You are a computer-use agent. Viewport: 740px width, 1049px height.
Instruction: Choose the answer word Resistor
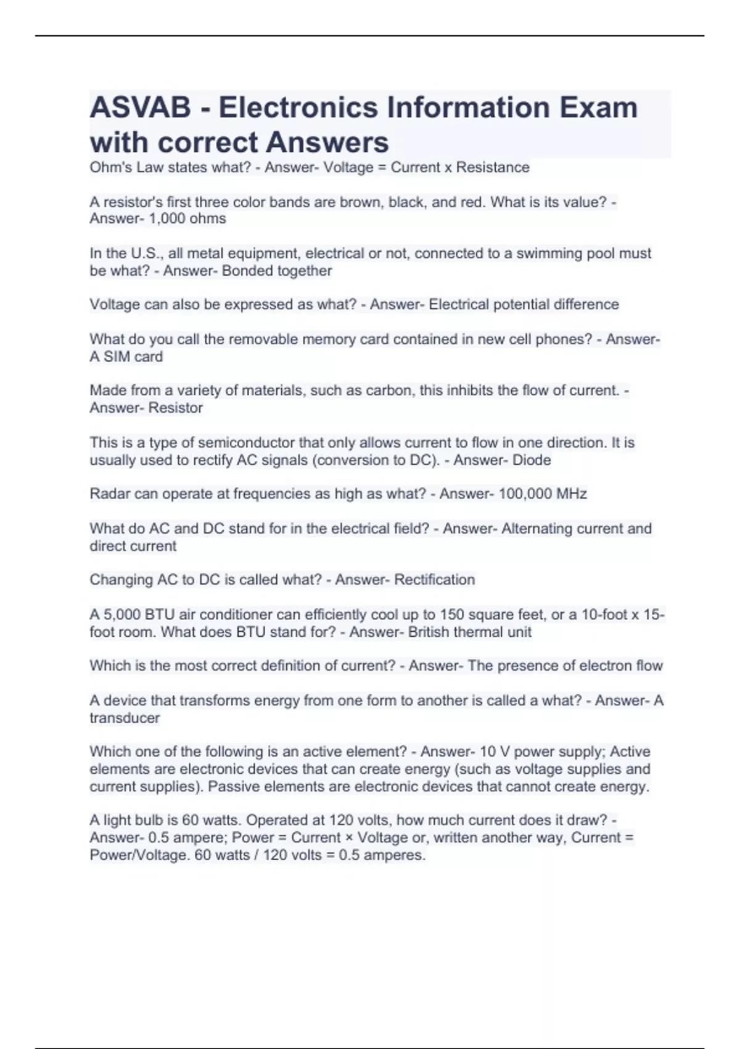point(176,408)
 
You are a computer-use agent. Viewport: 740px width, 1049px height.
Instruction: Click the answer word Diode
point(532,460)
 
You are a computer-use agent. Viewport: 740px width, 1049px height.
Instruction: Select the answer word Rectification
point(435,579)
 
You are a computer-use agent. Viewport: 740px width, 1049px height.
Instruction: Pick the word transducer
point(125,718)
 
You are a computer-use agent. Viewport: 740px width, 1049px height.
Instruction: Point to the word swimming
point(549,253)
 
